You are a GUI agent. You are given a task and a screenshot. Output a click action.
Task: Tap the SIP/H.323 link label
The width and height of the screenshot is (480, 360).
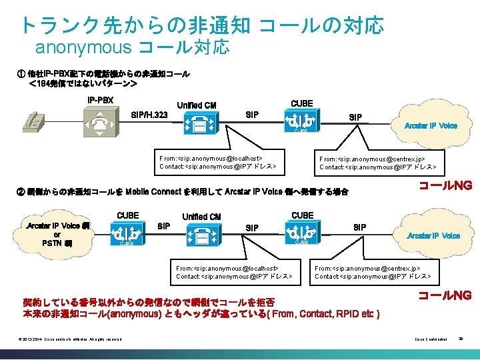149,115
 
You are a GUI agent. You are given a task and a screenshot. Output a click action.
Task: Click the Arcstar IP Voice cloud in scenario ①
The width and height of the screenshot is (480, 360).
430,125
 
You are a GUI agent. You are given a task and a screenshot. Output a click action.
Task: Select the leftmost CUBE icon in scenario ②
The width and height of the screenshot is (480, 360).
127,233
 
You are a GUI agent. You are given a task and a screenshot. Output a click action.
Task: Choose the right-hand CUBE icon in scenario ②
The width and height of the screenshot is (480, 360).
301,234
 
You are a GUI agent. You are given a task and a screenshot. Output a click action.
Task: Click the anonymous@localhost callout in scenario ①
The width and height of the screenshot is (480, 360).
217,163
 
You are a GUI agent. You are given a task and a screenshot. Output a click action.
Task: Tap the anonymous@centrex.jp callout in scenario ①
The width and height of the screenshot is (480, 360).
377,163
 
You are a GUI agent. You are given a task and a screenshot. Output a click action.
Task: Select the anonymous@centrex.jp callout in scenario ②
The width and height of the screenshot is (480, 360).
372,272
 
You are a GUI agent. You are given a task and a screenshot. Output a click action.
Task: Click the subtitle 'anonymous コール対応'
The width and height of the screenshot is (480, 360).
132,47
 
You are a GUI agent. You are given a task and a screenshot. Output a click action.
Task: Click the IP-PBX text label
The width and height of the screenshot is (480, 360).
101,101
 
